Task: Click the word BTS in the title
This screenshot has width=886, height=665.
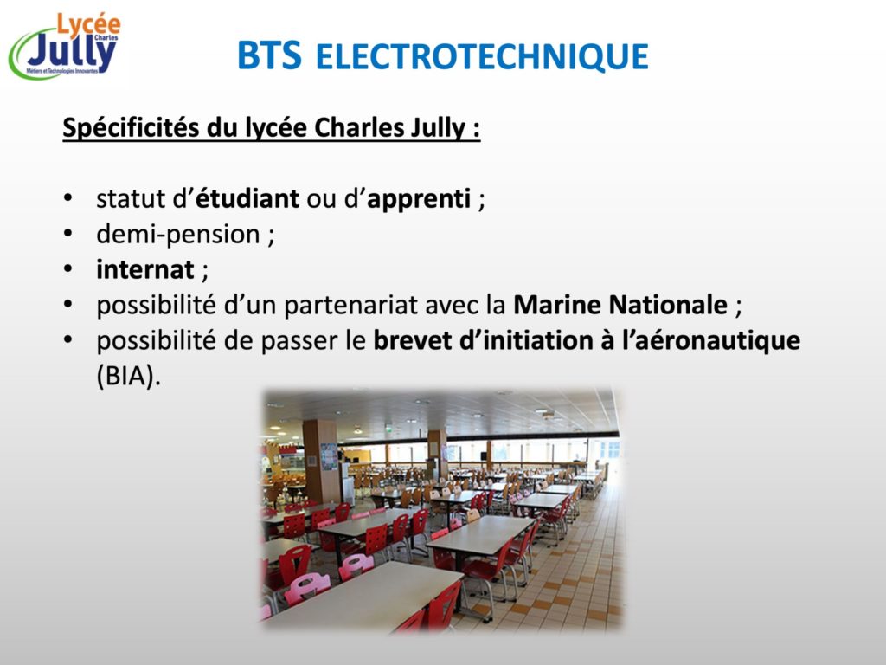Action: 269,55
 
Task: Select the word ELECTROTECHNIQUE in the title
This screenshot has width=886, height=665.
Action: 482,57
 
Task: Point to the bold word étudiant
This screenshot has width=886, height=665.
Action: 247,198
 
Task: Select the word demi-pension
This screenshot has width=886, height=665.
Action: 178,235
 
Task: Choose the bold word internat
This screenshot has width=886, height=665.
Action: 145,270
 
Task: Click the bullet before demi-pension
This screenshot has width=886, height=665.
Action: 67,234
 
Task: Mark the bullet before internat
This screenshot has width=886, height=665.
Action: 67,270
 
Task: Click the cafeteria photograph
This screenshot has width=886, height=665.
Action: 442,509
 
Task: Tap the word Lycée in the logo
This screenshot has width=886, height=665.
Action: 89,25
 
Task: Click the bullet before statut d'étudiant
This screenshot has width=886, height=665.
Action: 67,198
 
